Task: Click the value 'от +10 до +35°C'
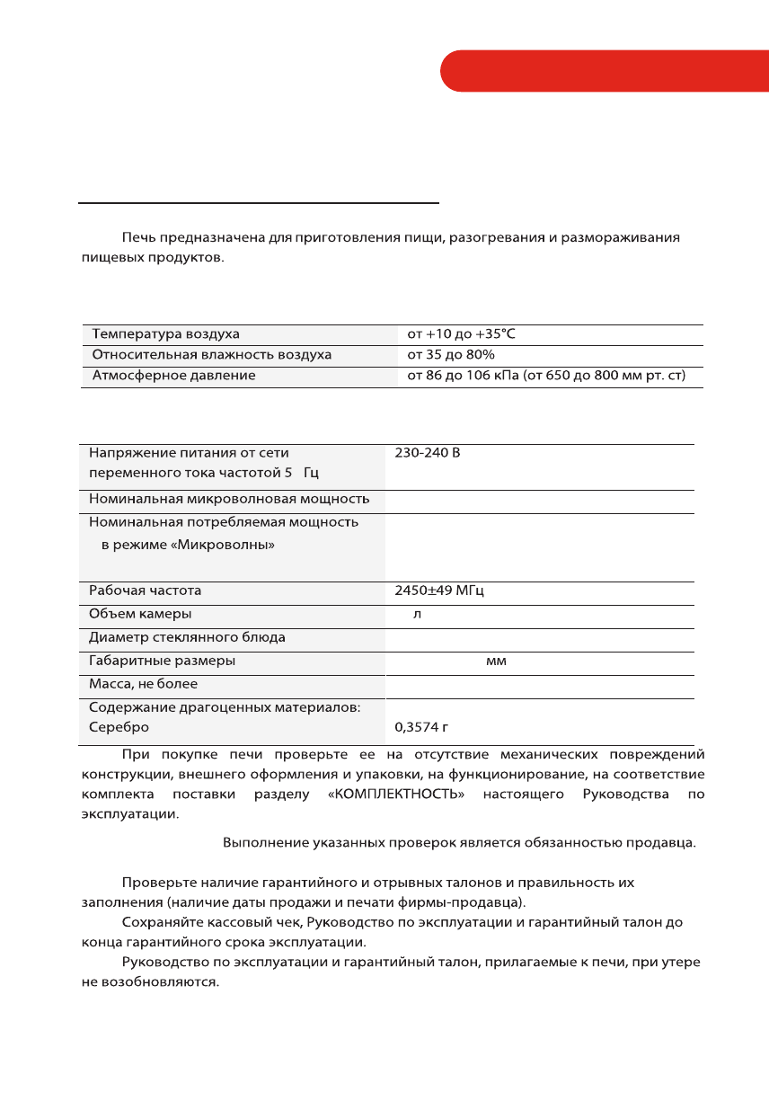click(461, 334)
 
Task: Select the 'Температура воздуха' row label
click(166, 334)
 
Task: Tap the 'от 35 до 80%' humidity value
click(451, 355)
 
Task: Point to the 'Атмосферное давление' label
click(173, 376)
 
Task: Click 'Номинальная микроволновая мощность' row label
click(229, 499)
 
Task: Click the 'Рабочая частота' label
click(145, 591)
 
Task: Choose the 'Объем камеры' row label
click(140, 615)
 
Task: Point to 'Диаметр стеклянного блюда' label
click(187, 638)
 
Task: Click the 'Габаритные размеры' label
click(162, 661)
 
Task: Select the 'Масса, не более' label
click(143, 684)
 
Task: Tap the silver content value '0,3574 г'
click(425, 727)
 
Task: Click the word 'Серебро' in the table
click(119, 727)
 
